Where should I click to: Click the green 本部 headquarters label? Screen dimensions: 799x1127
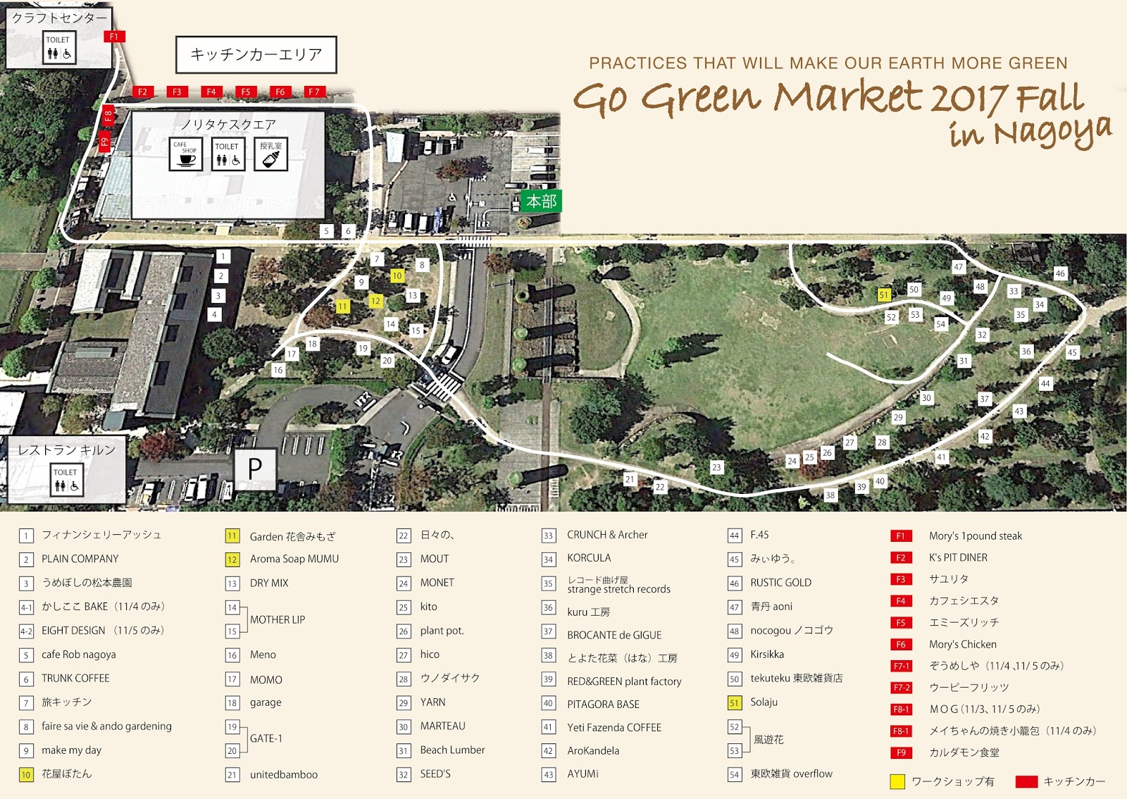(x=541, y=202)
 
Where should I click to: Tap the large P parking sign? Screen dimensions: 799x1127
(x=255, y=468)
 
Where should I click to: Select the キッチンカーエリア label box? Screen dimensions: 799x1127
(x=256, y=54)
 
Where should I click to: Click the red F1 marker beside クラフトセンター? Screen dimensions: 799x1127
(x=114, y=37)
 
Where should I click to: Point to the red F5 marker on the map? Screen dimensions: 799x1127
(x=245, y=92)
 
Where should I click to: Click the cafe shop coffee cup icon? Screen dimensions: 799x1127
(x=186, y=154)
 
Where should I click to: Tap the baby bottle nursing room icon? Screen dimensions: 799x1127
(x=270, y=154)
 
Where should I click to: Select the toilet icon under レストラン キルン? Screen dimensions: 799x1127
(x=66, y=481)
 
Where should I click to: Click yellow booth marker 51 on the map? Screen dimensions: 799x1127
(x=884, y=295)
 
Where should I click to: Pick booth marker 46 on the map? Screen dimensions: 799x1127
(x=1060, y=273)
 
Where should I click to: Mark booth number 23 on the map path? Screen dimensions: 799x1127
(x=716, y=467)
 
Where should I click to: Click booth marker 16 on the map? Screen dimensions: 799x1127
(x=278, y=370)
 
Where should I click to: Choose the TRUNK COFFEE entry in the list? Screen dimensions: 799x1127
(x=75, y=679)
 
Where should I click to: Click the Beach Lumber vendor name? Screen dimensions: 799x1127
(x=452, y=750)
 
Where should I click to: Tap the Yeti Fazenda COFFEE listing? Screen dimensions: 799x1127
(x=614, y=728)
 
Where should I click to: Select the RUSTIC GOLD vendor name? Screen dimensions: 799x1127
(x=780, y=583)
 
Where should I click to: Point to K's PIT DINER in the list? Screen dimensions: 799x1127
(x=958, y=557)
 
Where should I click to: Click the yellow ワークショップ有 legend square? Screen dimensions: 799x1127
(x=897, y=781)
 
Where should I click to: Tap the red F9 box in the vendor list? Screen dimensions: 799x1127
(x=901, y=752)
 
